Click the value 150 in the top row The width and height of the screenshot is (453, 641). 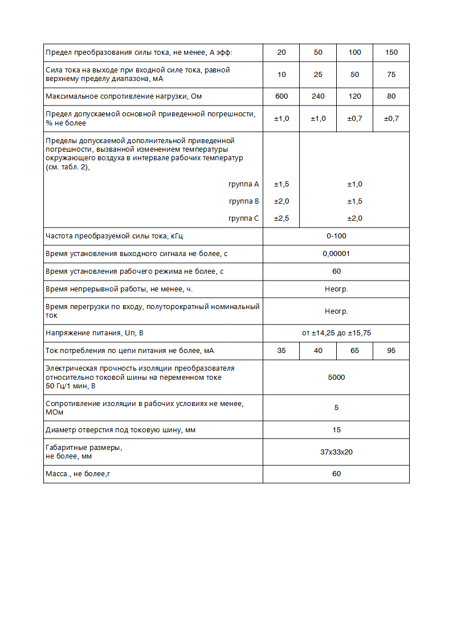point(391,52)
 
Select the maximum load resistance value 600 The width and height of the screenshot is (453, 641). point(281,96)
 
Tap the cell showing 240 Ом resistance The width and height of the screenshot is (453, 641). point(318,96)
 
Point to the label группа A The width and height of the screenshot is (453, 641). point(243,184)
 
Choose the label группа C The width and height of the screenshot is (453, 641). point(243,218)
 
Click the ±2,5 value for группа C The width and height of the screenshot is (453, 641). point(281,218)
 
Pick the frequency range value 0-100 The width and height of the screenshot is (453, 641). point(336,236)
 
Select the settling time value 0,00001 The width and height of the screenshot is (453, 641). point(336,254)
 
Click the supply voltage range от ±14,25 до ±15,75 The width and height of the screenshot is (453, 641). point(336,333)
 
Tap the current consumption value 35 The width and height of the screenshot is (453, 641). point(281,351)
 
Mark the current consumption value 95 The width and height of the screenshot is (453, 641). point(391,351)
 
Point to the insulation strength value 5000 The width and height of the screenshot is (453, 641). point(336,378)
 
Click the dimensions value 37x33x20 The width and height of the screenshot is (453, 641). point(336,452)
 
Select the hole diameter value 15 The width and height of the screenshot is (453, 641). point(336,430)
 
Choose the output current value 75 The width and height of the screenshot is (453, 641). point(391,75)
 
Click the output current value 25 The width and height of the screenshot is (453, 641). point(318,75)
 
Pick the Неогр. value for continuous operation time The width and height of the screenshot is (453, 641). point(336,289)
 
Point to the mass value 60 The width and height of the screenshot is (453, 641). point(336,474)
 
